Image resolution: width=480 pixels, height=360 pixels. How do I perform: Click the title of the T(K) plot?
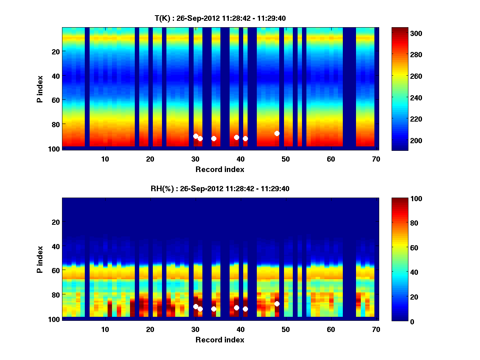220,18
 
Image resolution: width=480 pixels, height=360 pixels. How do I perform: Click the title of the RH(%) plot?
220,188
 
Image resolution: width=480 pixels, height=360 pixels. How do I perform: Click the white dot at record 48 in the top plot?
277,133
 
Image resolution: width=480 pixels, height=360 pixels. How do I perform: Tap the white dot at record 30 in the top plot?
196,136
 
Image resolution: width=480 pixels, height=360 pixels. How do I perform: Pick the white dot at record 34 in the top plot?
214,138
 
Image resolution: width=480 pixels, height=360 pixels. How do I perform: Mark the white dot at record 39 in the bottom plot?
236,308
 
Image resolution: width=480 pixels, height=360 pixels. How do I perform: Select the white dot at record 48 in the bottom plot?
277,304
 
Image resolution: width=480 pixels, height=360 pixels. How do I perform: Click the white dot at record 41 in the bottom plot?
245,309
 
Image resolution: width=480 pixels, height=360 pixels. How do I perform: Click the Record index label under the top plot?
220,169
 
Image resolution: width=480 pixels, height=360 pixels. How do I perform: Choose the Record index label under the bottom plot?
220,340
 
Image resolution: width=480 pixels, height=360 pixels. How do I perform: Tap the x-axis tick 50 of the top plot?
286,159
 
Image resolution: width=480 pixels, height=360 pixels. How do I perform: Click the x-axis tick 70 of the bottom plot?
376,329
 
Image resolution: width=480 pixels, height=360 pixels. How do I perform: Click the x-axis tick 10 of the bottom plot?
105,329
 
